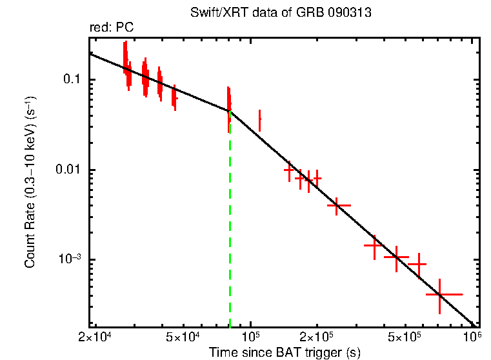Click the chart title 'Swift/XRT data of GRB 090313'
coord(281,14)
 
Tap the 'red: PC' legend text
coord(111,28)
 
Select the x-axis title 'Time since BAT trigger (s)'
coord(284,352)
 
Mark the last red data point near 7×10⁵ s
coord(440,294)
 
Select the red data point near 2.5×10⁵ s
coord(337,205)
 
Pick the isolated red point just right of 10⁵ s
coord(259,120)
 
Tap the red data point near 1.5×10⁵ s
coord(289,170)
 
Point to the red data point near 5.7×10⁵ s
coord(418,265)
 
